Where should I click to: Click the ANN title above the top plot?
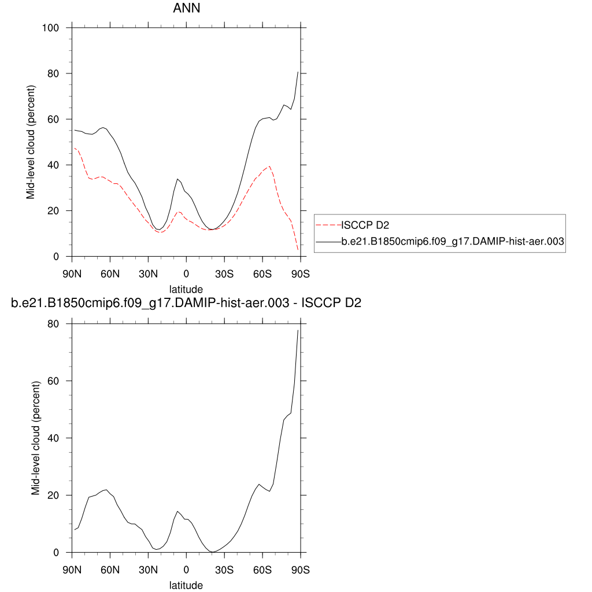(x=186, y=9)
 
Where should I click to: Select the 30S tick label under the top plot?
(x=224, y=273)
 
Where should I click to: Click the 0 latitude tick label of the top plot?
(x=186, y=273)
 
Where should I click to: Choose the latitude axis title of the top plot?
(x=186, y=288)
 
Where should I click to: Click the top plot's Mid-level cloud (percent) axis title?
(x=31, y=142)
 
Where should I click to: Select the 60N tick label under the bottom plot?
(x=110, y=569)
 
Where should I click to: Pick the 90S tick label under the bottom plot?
(x=300, y=569)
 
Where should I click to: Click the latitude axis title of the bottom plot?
(x=186, y=585)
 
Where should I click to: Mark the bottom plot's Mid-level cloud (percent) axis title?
(x=36, y=438)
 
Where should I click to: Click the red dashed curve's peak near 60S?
(x=269, y=166)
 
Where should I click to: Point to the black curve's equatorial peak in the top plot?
(x=177, y=179)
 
